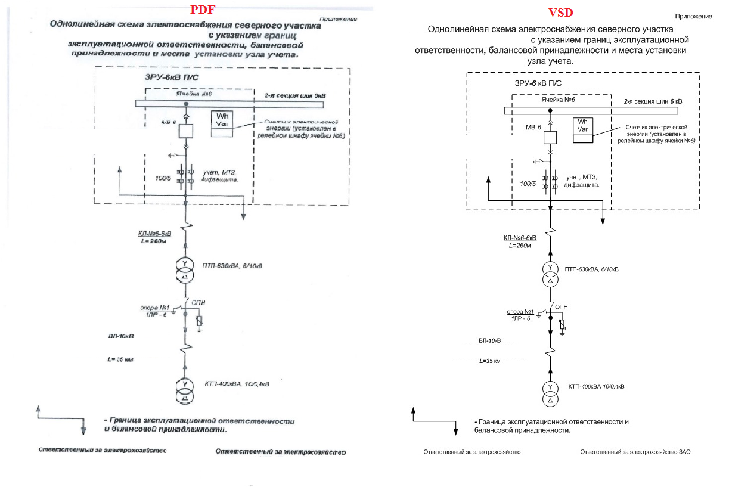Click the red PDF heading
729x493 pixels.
tap(203, 10)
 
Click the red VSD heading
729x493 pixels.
tap(560, 13)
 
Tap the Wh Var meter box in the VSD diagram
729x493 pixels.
tap(582, 130)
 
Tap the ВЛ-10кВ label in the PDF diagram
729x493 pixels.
tap(121, 336)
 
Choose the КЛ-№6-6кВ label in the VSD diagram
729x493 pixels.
tap(520, 238)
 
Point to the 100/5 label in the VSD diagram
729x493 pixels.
tap(528, 184)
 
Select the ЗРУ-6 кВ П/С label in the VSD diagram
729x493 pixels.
tap(538, 83)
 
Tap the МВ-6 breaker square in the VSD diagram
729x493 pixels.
tap(550, 137)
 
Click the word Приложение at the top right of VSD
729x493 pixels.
tap(693, 17)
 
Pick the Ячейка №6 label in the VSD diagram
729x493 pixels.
tap(557, 100)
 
